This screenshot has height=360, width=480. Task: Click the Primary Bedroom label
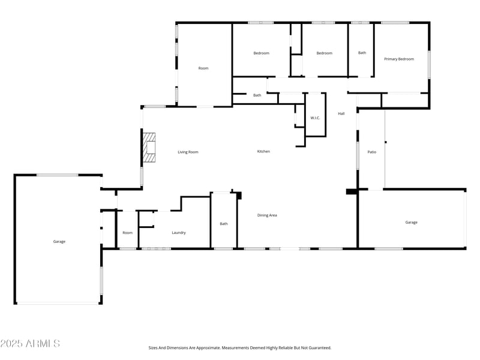(x=399, y=59)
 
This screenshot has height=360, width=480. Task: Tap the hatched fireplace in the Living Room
(x=149, y=148)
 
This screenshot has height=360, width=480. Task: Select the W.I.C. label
(x=315, y=118)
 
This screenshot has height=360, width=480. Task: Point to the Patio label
(x=372, y=152)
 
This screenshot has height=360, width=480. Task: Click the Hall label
(x=341, y=113)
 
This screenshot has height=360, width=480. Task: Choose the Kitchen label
(x=263, y=151)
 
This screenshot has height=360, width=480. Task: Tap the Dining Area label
(x=267, y=215)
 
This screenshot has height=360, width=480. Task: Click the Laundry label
(x=179, y=232)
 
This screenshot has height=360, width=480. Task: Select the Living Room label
(x=188, y=152)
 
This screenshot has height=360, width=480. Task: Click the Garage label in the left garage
(x=59, y=241)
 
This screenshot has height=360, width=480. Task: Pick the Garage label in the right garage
(x=411, y=222)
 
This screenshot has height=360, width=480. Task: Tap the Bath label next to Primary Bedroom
(x=362, y=53)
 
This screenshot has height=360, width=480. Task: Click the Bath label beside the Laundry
(x=224, y=224)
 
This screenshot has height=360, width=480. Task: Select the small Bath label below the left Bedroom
(x=257, y=95)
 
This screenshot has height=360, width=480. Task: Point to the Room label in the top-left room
(x=203, y=68)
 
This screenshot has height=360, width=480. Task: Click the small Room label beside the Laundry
(x=127, y=232)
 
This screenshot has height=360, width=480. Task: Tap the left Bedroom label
(x=261, y=53)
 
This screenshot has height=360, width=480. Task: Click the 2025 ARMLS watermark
(x=30, y=343)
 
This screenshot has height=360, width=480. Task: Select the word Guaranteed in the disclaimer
(x=317, y=347)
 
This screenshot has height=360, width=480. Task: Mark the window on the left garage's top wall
(x=57, y=175)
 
